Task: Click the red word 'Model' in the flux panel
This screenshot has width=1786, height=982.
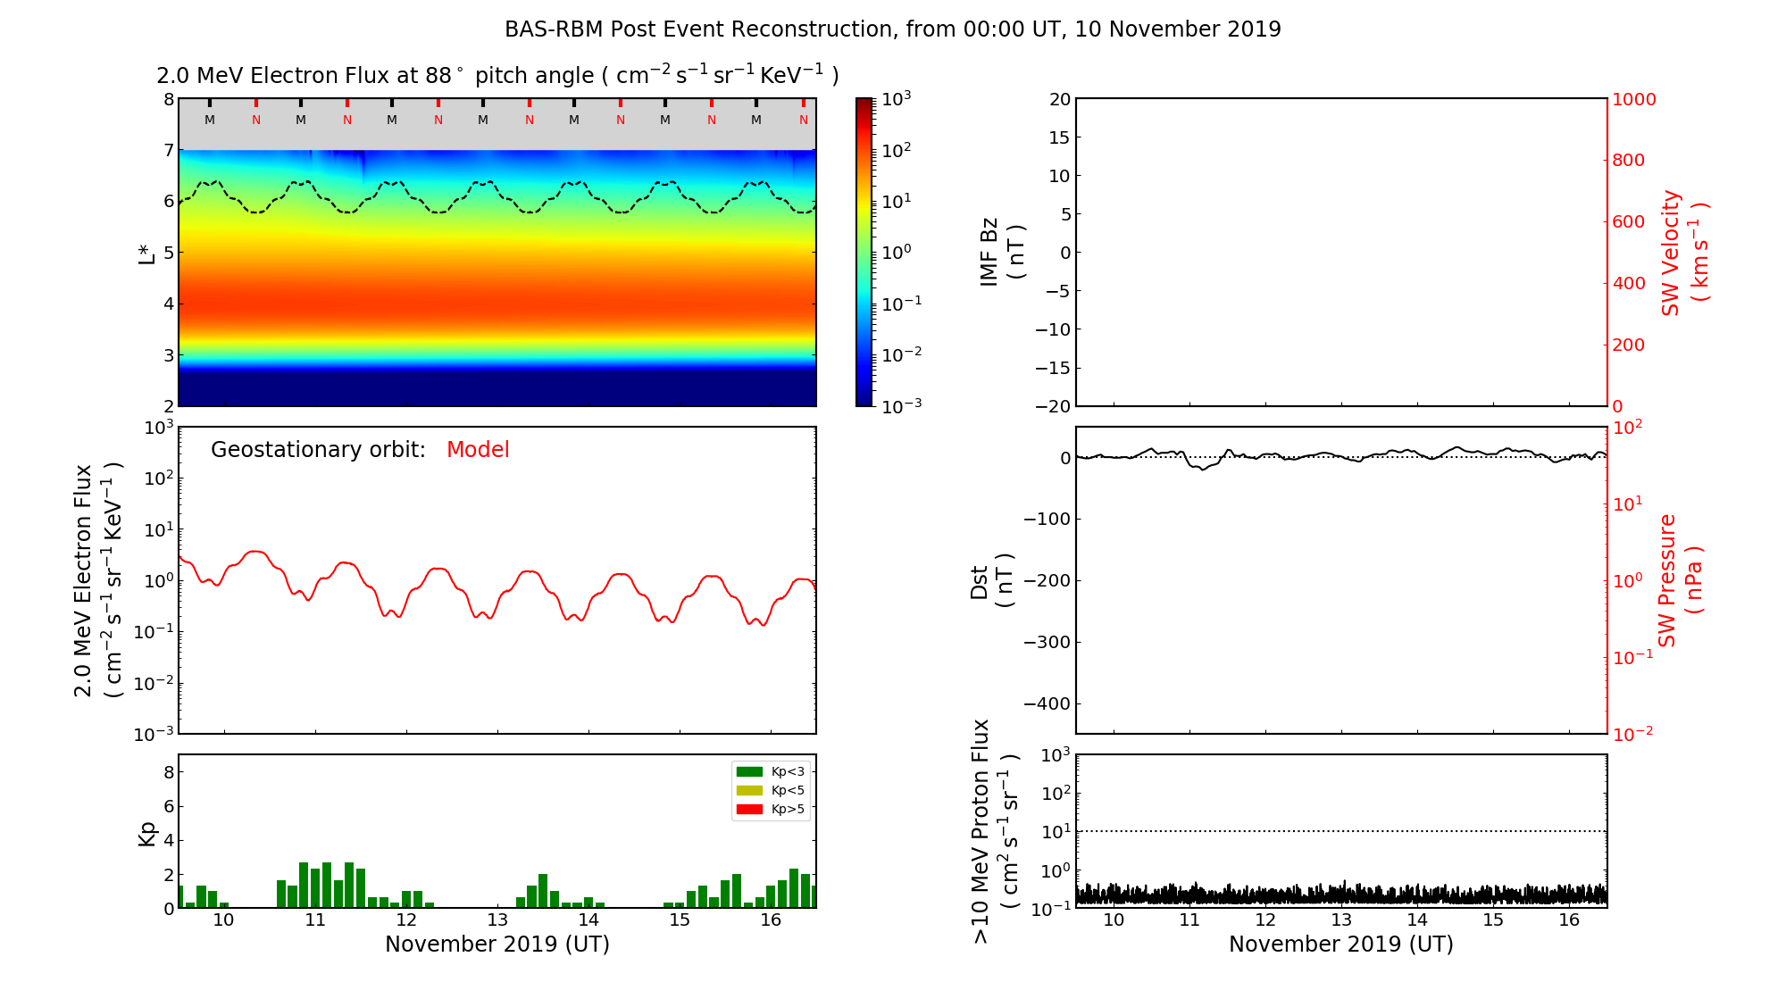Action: (x=478, y=450)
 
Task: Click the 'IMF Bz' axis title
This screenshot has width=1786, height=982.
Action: (x=989, y=252)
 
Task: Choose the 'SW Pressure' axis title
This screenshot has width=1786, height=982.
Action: (x=1668, y=580)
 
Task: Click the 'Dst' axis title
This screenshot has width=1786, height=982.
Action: (x=980, y=582)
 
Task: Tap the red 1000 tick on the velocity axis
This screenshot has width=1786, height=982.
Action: (x=1633, y=99)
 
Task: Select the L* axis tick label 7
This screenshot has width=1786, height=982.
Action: (x=168, y=151)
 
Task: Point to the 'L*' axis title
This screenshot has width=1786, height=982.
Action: (x=146, y=254)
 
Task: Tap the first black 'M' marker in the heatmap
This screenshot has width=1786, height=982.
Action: (x=210, y=120)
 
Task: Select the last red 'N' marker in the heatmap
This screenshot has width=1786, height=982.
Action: (x=804, y=120)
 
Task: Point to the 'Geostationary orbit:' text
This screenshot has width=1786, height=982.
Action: (x=318, y=450)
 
